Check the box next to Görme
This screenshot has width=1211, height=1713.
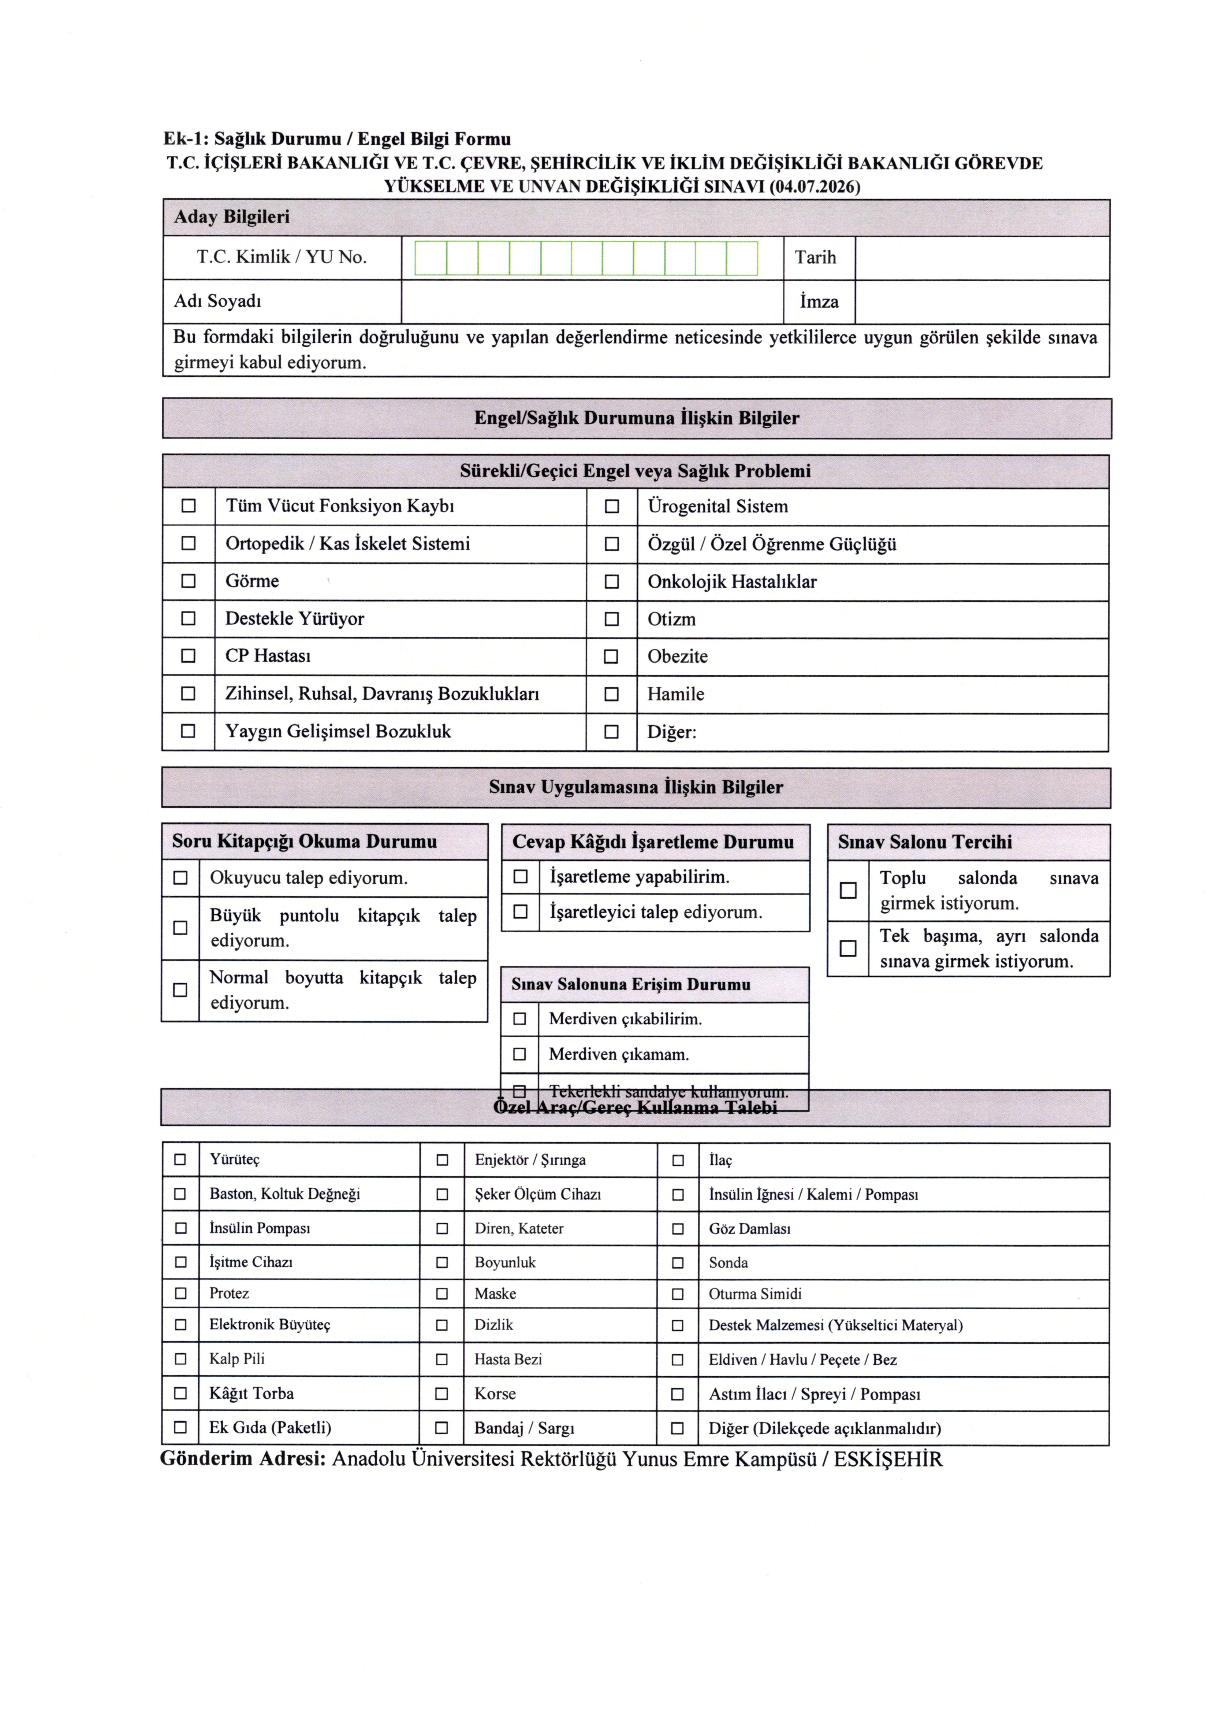coord(189,581)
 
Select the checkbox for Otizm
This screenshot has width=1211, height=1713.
coord(611,619)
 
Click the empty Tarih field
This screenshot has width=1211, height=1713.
coord(981,258)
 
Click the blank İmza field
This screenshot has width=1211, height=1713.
coord(981,302)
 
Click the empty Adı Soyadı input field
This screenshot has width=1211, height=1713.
coord(592,302)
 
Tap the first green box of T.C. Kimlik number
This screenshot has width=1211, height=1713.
coord(430,258)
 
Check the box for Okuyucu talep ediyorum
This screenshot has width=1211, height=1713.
coord(180,878)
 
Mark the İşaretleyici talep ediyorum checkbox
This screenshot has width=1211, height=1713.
coord(521,912)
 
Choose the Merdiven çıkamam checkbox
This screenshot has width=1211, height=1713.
coord(520,1054)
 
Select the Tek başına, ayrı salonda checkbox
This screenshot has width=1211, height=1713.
coord(848,948)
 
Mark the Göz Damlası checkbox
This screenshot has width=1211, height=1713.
coord(678,1229)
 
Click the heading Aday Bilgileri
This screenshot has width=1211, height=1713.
coord(232,217)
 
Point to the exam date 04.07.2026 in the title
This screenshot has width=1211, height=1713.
coord(815,186)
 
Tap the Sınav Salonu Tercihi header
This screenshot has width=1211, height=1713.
coord(925,842)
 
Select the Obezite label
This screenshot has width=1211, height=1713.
coord(677,656)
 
